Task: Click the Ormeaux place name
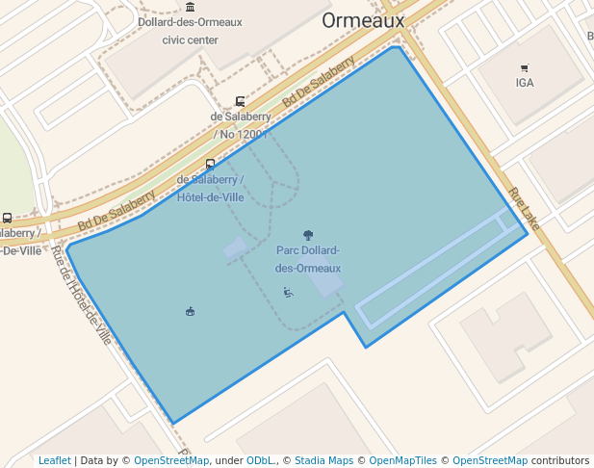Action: (363, 20)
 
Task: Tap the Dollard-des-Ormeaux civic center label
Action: (190, 31)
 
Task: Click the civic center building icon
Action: (190, 7)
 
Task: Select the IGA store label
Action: (525, 83)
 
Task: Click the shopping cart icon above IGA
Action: (525, 68)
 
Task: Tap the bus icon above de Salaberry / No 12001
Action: (240, 101)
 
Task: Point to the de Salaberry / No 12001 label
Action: (241, 125)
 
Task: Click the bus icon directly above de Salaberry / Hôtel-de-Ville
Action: (211, 164)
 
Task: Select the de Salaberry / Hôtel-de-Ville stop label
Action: (211, 188)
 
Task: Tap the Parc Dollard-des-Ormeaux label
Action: (308, 259)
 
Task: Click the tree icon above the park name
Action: (308, 234)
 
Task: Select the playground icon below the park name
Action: (288, 292)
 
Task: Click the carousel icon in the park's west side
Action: (190, 310)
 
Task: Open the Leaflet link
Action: (55, 460)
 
